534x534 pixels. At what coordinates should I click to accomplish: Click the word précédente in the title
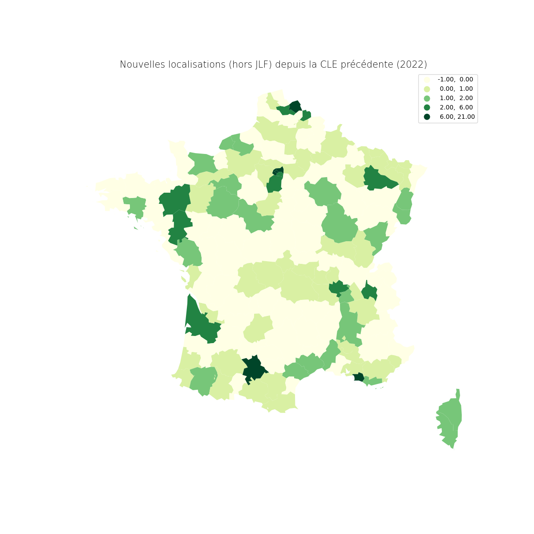tap(367, 65)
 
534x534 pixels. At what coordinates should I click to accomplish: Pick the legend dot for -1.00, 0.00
tap(427, 79)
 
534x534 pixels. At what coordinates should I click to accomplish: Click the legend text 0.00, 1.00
tap(456, 89)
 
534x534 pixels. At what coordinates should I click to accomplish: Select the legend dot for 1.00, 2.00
tap(427, 98)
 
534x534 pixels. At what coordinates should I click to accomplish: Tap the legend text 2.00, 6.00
tap(456, 107)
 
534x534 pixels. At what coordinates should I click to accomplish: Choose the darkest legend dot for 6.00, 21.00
tap(427, 117)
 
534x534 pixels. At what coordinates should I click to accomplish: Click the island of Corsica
tap(451, 421)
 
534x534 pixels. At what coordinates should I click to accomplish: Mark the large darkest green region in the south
tap(254, 368)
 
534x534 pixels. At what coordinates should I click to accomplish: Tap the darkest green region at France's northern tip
tap(295, 107)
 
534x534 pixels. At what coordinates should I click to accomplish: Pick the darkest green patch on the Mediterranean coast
tap(359, 377)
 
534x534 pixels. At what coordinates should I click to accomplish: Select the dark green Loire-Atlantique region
tap(179, 227)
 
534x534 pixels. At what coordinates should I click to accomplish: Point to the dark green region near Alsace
tap(376, 178)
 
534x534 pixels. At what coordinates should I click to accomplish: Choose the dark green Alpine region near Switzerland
tap(369, 291)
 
